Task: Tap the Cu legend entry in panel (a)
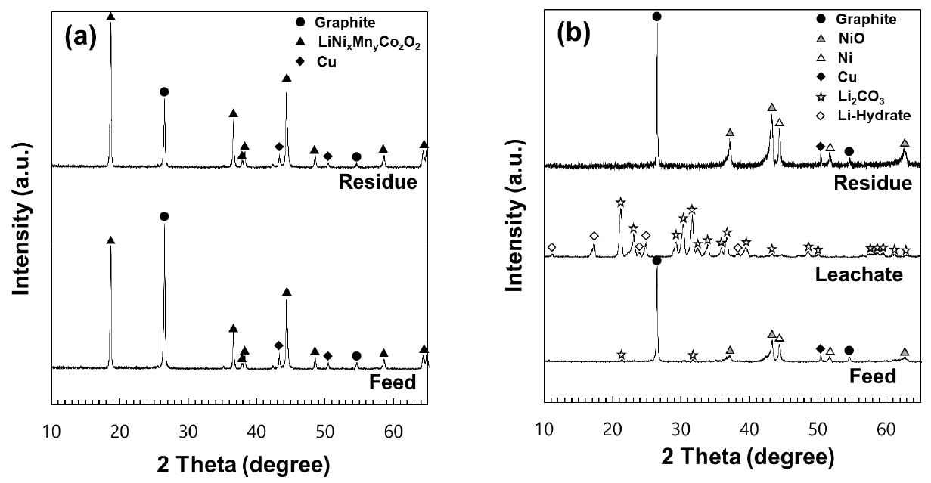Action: (x=326, y=63)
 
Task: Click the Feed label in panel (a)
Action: (x=394, y=382)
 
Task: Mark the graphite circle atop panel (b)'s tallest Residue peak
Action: (x=656, y=17)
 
